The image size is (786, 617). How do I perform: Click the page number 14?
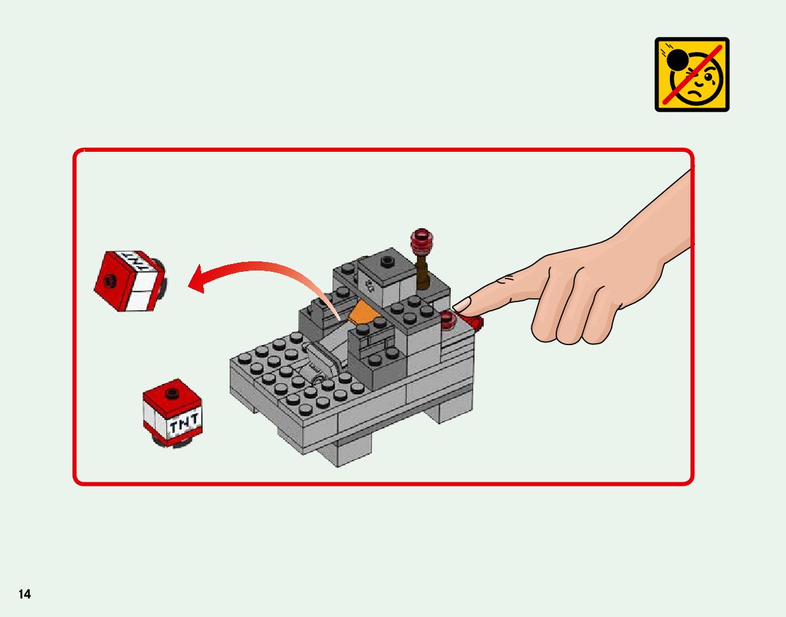[x=24, y=594]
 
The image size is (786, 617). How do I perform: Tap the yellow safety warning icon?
[x=692, y=74]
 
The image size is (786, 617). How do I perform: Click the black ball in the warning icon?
[x=678, y=60]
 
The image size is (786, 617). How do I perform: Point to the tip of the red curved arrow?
[x=189, y=286]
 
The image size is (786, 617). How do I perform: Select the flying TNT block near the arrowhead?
[x=130, y=280]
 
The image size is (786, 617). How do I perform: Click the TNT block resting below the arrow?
[x=173, y=414]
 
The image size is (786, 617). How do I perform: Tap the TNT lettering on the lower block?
[x=183, y=424]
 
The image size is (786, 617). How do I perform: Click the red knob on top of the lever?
[x=422, y=242]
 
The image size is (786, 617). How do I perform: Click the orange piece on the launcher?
[x=365, y=314]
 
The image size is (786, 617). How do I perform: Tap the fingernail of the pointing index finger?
[x=462, y=304]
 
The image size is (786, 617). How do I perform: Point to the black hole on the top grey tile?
[x=387, y=261]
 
